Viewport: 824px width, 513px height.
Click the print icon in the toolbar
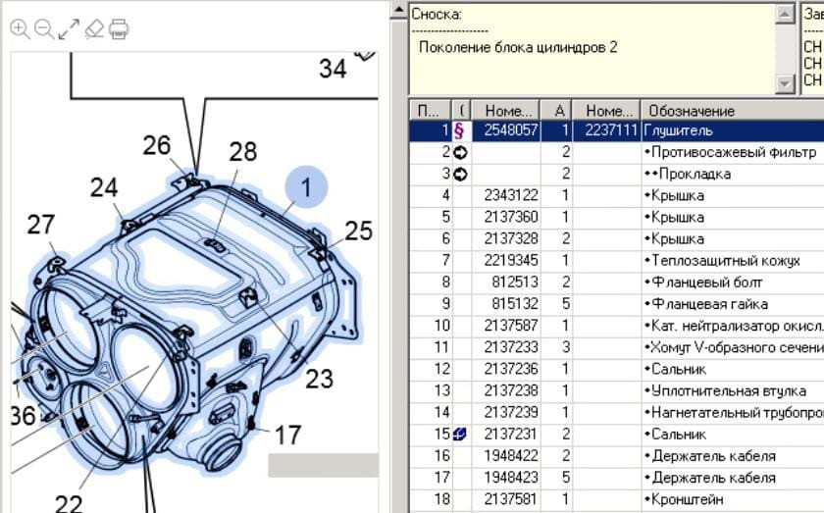pyautogui.click(x=119, y=29)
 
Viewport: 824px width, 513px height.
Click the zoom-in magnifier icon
pyautogui.click(x=20, y=29)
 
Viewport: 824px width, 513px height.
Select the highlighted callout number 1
pyautogui.click(x=305, y=186)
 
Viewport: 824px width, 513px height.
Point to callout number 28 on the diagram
pyautogui.click(x=242, y=151)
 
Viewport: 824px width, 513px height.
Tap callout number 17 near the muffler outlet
pyautogui.click(x=287, y=434)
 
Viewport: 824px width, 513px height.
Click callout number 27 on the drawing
pyautogui.click(x=40, y=225)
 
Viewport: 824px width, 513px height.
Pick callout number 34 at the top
pyautogui.click(x=333, y=68)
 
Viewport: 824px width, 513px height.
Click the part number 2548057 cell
pyautogui.click(x=510, y=129)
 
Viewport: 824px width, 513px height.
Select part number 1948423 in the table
pyautogui.click(x=510, y=478)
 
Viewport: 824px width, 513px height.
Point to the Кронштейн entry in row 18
pyautogui.click(x=685, y=499)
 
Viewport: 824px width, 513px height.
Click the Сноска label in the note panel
pyautogui.click(x=437, y=14)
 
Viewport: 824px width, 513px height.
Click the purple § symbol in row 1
pyautogui.click(x=458, y=129)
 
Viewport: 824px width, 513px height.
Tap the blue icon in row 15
pyautogui.click(x=458, y=435)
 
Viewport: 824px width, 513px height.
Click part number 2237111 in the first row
pyautogui.click(x=605, y=129)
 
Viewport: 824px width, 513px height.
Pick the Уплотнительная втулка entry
pyautogui.click(x=714, y=390)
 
